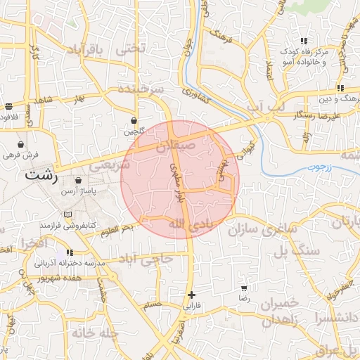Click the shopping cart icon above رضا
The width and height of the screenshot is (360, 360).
tap(244, 288)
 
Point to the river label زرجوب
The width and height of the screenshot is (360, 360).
tap(316, 169)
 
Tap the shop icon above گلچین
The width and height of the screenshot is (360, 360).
tap(134, 120)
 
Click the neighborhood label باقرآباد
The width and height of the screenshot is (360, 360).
tap(89, 50)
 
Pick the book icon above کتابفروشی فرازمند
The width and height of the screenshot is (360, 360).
tap(68, 214)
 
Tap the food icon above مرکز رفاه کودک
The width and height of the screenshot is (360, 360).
tap(303, 41)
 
